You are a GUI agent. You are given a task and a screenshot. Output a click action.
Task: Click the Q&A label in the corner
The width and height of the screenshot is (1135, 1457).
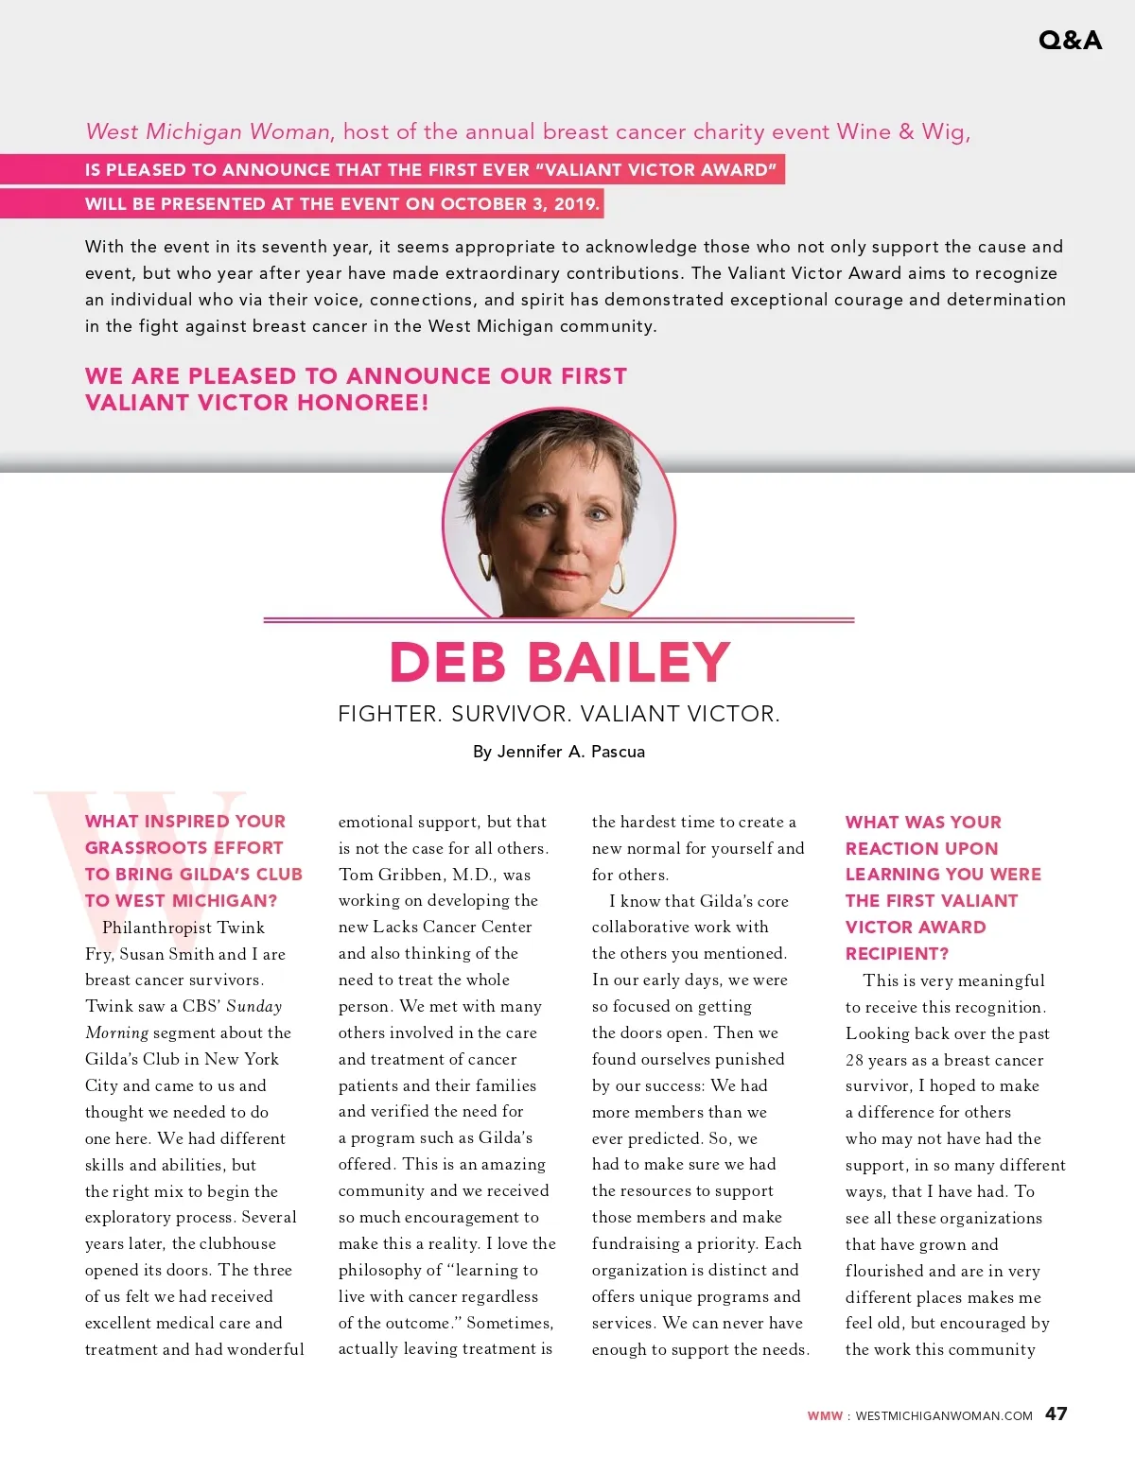coord(1070,40)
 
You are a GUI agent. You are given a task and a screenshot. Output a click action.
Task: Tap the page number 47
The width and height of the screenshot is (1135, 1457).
coord(1056,1414)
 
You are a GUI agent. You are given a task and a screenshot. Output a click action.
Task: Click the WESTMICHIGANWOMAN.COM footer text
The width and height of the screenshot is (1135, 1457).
coord(943,1415)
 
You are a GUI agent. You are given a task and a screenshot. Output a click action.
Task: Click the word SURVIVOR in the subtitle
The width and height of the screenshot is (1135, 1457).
coord(511,714)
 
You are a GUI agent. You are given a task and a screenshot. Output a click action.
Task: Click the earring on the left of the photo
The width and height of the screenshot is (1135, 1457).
coord(486,566)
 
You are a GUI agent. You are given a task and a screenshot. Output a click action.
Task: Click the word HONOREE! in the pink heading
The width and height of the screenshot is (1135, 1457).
coord(363,403)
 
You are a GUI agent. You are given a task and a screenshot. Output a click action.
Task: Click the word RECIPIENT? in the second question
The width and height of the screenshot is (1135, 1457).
coord(897,953)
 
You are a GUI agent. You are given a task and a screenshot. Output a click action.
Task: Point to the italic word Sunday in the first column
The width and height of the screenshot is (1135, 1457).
coord(253,1006)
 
